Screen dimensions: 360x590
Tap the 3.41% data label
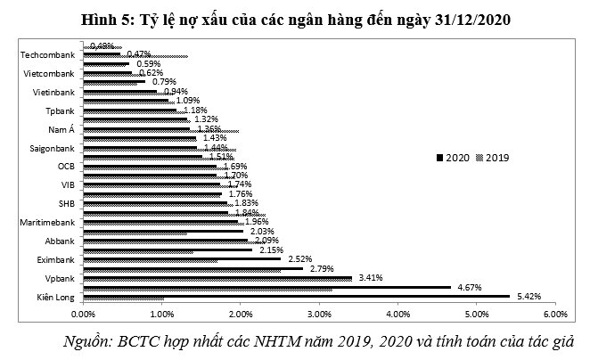tap(370, 277)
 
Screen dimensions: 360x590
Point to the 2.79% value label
tap(321, 268)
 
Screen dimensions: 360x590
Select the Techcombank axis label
tap(49, 54)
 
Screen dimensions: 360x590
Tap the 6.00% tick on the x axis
tap(554, 315)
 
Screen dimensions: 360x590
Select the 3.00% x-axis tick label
tap(319, 315)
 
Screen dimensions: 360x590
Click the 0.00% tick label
tap(83, 315)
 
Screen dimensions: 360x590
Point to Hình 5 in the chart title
tap(103, 18)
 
